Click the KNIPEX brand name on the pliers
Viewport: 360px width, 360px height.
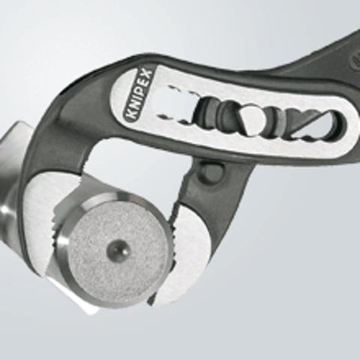point(137,96)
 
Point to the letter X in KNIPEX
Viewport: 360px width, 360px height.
point(147,75)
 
